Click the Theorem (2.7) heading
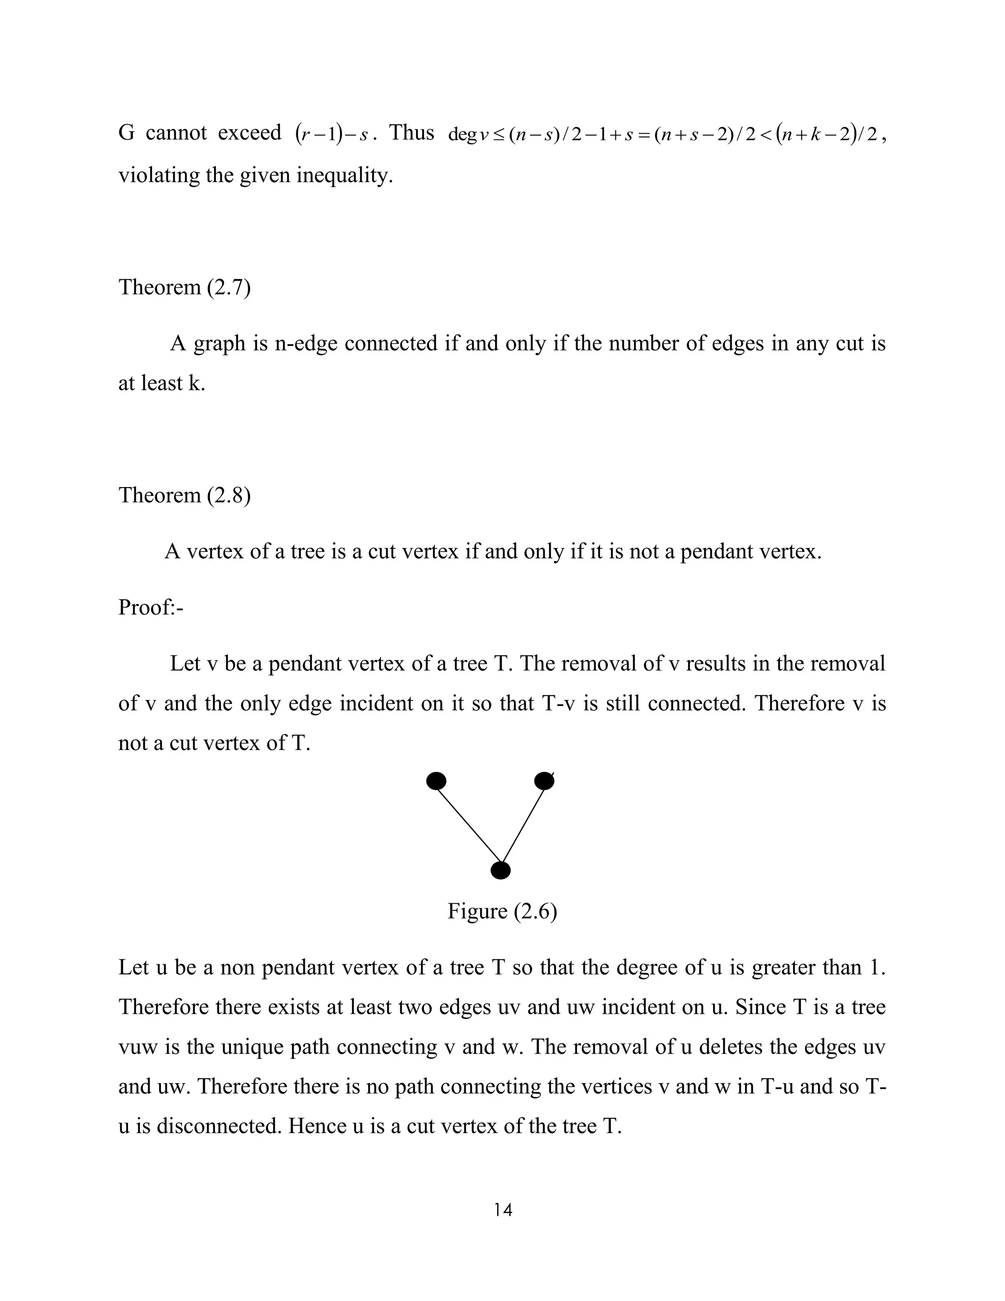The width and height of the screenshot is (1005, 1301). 185,287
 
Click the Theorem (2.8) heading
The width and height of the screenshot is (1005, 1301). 185,495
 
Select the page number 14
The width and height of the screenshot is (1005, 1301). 502,1210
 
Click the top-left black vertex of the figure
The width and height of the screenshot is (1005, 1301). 436,781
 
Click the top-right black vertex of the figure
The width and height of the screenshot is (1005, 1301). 544,781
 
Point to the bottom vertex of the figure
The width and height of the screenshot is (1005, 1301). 501,871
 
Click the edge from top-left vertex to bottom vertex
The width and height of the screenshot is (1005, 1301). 469,825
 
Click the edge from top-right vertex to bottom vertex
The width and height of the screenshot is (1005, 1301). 523,825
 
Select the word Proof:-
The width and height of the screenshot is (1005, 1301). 151,607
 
